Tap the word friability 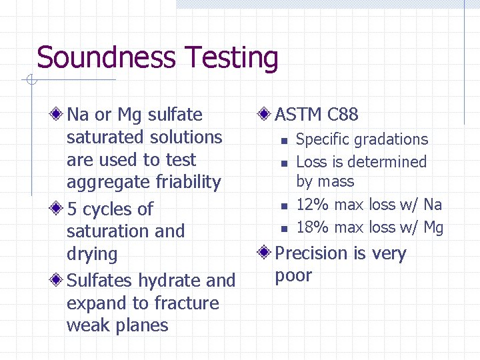(x=187, y=182)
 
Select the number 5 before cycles (x=73, y=209)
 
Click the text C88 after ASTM (x=343, y=115)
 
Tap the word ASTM (x=299, y=115)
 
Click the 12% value (x=313, y=205)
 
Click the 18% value (x=313, y=227)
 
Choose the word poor (x=293, y=276)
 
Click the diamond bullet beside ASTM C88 (x=265, y=115)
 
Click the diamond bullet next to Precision (x=265, y=253)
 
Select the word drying (x=92, y=255)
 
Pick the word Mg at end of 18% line (x=433, y=228)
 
